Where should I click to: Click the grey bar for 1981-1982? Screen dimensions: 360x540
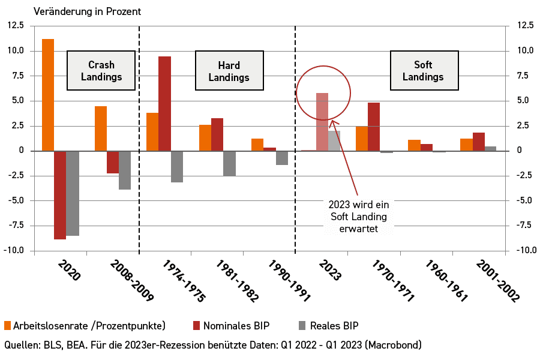(229, 163)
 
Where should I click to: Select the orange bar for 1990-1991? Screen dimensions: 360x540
(257, 145)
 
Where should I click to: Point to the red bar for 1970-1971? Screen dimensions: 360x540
(374, 127)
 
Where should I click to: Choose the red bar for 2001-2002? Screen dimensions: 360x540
(478, 142)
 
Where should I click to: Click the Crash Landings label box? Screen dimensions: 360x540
(101, 71)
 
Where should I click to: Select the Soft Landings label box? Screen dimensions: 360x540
(424, 71)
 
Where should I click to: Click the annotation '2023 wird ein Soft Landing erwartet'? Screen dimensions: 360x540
(359, 217)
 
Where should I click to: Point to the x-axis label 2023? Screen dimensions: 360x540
(329, 271)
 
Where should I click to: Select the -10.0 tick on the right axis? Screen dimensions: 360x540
(520, 250)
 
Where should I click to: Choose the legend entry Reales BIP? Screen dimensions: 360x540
(332, 326)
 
